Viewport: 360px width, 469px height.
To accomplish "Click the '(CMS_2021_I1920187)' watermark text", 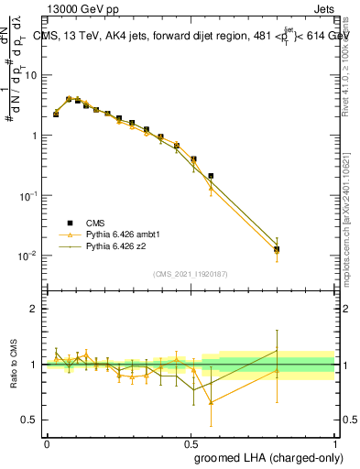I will tap(191, 274).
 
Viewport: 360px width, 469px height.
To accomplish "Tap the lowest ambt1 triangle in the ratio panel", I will tap(212, 402).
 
